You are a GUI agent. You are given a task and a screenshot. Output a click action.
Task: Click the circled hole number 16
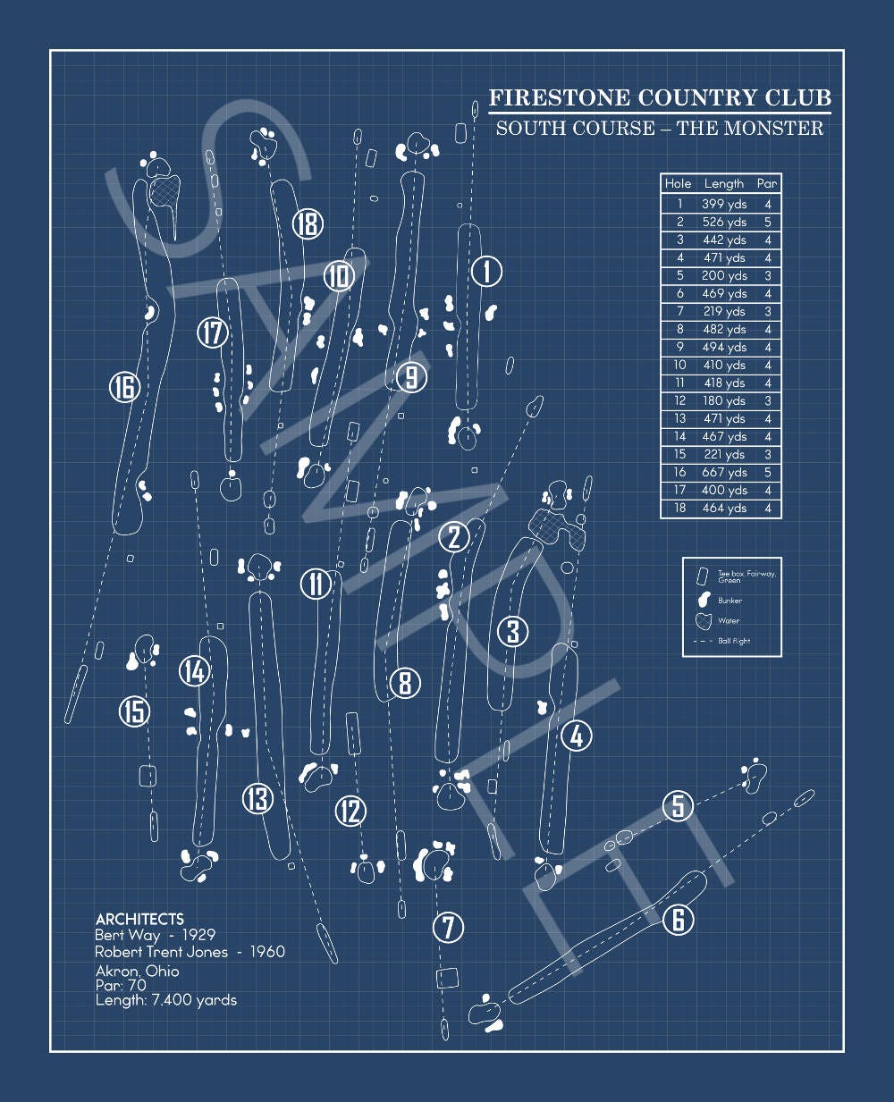pos(123,388)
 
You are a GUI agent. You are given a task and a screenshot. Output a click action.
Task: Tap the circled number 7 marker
pos(448,927)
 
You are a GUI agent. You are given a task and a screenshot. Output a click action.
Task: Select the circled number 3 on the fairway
pos(512,631)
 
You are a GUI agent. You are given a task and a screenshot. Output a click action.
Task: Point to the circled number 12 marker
pos(350,811)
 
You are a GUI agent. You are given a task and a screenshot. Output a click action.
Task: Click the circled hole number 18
pos(308,223)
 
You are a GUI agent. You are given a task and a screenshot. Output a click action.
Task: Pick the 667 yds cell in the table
pos(723,472)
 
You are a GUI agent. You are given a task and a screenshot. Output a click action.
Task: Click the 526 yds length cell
pos(723,222)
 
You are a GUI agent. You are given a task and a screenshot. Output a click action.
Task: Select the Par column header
pos(767,183)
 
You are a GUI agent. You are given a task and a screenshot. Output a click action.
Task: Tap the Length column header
pos(723,183)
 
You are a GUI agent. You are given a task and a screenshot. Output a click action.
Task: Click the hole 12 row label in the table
pos(679,400)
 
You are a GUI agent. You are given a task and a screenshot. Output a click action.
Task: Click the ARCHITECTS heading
pos(139,919)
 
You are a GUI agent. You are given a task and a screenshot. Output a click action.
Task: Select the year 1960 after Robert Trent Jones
pos(266,952)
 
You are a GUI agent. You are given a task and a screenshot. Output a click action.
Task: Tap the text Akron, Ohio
pos(137,971)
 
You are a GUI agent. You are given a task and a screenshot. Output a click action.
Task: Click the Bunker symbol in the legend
pos(704,600)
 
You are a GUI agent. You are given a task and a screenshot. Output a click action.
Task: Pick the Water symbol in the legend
pos(704,620)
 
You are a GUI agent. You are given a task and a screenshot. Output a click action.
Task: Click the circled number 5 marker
pos(678,805)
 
